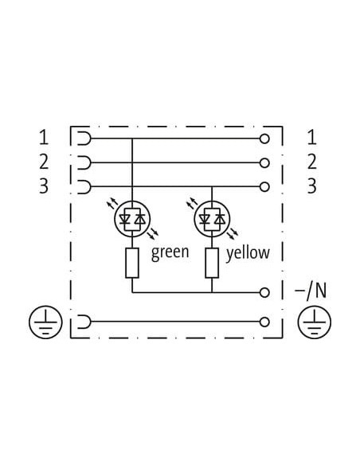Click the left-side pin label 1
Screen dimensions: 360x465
point(44,138)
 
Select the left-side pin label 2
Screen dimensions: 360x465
point(44,162)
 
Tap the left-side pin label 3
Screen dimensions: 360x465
point(44,186)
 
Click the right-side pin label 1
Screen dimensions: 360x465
point(312,138)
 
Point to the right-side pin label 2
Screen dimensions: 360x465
point(312,162)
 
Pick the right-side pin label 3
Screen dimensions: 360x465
point(312,186)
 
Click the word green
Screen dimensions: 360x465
point(170,252)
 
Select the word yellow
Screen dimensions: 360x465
point(248,252)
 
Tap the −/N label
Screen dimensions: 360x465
point(311,291)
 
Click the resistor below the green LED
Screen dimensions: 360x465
point(132,264)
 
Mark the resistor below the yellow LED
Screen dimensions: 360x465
point(212,264)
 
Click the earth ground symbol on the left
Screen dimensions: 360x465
point(45,322)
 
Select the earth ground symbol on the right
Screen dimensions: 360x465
point(315,322)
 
